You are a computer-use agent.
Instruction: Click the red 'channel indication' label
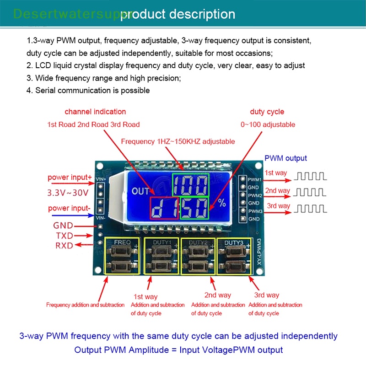[95, 112]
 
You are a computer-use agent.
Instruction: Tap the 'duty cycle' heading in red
[267, 112]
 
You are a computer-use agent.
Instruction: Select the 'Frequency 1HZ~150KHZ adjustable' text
[178, 141]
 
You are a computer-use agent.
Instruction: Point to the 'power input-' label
[69, 209]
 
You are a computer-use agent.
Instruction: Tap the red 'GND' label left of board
[63, 226]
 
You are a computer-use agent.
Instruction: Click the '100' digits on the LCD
[190, 185]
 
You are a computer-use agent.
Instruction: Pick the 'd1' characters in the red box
[164, 208]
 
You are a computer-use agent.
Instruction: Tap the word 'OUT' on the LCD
[140, 191]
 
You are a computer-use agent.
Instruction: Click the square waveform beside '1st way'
[310, 176]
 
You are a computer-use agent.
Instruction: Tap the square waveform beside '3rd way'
[310, 209]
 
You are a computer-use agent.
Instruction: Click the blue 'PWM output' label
[286, 158]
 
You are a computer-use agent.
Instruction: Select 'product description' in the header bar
[178, 14]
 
